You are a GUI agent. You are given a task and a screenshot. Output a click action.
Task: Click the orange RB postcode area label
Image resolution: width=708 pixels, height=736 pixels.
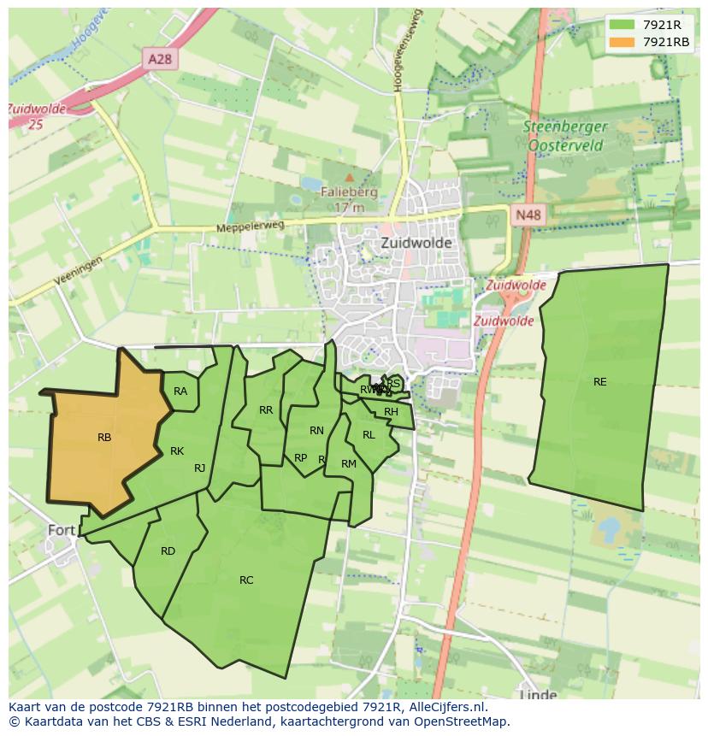pos(104,438)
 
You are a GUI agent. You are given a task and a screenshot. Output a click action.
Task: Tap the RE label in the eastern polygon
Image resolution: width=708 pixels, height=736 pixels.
pos(599,382)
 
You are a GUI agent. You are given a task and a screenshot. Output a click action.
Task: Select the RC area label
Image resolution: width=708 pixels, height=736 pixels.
pos(246,580)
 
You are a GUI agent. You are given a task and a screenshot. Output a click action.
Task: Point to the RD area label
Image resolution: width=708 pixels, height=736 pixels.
pos(168,551)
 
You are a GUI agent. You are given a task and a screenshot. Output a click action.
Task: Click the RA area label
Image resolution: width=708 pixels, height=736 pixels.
pos(180,392)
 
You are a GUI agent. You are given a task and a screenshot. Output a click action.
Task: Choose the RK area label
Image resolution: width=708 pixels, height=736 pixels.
pos(177,451)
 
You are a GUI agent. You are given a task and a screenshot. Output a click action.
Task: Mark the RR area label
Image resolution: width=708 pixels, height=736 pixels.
pos(266,410)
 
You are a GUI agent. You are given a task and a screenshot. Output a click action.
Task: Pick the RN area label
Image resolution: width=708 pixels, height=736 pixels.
pos(316,431)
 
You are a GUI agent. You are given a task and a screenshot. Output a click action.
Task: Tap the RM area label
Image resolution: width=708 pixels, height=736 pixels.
pos(348,464)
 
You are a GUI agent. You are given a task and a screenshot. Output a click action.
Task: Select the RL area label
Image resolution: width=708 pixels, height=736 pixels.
pos(369,435)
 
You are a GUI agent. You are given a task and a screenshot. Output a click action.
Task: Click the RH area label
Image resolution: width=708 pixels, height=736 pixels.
pos(391,412)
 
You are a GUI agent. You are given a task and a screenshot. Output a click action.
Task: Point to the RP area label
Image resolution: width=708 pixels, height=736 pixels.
pos(300,458)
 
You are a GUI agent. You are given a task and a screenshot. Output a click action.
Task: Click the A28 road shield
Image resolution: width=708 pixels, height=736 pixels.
pos(159,59)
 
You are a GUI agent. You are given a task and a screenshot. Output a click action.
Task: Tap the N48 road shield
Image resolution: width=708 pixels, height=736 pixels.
pos(528,215)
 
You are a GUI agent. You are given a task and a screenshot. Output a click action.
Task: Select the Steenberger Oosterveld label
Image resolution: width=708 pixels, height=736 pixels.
pos(565,136)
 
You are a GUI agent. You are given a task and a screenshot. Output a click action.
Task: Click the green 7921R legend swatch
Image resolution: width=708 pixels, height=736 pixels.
pos(622,25)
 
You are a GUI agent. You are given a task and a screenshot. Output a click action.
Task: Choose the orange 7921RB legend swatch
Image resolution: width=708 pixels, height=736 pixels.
pos(622,42)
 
